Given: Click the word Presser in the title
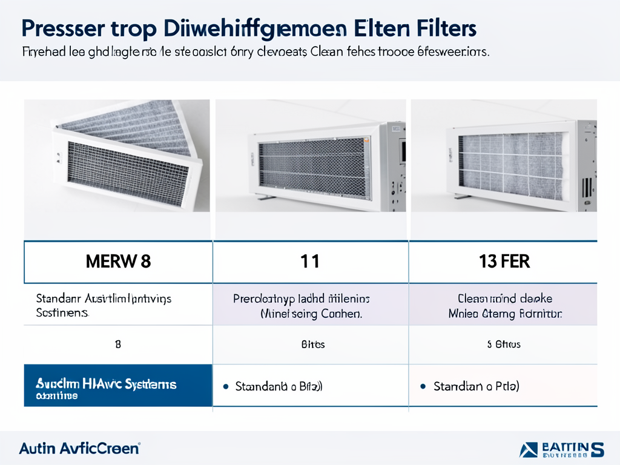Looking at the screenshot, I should (59, 28).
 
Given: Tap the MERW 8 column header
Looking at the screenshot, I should (118, 262).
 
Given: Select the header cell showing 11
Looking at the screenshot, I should (310, 262).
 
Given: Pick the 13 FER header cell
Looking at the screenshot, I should (503, 262).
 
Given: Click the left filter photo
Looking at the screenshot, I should (117, 156).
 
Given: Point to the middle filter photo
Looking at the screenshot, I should (311, 156).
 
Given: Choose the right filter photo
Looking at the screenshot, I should (504, 156).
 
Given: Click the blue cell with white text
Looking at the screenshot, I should (118, 385).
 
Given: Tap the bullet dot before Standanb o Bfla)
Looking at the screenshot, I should (226, 386).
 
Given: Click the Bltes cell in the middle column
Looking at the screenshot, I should (312, 345).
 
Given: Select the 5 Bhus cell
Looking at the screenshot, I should (504, 345).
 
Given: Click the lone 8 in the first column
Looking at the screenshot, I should (118, 345).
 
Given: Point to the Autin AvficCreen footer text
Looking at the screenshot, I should (79, 449).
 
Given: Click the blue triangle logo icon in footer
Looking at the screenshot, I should (528, 450).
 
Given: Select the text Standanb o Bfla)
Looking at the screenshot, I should (279, 386).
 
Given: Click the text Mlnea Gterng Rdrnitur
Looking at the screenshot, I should (505, 314).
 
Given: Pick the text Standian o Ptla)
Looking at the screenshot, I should (477, 386).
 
